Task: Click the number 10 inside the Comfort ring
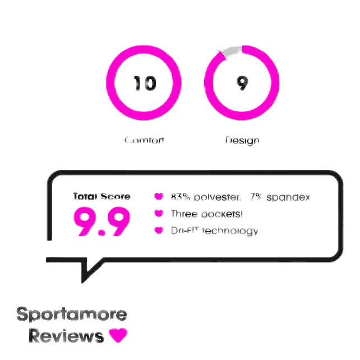coord(145,84)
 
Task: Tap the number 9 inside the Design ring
coord(242,84)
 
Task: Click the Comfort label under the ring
coord(144,140)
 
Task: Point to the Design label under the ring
coord(242,140)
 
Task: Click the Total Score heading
coord(102,197)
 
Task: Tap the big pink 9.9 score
coord(102,222)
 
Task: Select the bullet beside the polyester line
coord(159,197)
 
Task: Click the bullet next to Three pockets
coord(159,214)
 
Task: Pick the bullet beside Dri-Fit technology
coord(159,230)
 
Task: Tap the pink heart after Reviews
coord(118,335)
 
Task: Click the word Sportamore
coord(72,315)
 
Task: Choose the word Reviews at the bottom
coord(66,336)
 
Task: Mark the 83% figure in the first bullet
coord(180,197)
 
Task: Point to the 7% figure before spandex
coord(256,197)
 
